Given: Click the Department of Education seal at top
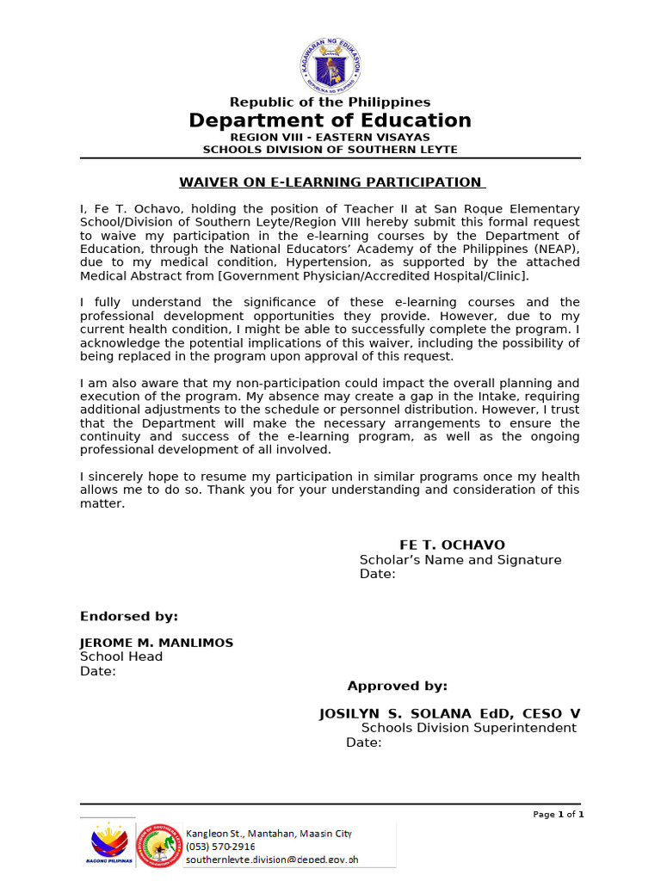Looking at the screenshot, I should (330, 65).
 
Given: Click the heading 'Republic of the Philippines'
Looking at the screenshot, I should (330, 102).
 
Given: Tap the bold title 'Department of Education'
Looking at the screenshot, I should (330, 120).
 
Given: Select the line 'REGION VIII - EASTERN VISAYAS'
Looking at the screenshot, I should (330, 138).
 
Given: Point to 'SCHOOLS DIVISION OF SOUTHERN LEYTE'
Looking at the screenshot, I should (330, 150).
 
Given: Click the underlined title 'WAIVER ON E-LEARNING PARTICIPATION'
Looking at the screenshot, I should (330, 182).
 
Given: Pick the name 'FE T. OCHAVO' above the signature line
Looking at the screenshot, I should (452, 545).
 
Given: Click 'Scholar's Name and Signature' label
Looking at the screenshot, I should (460, 560).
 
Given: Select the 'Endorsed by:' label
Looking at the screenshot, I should (129, 616).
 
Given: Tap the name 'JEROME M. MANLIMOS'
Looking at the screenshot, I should (157, 643).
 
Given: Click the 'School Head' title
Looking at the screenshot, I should (121, 656).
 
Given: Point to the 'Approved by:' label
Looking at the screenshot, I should (397, 686).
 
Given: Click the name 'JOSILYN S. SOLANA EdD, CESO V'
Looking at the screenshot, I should (449, 714).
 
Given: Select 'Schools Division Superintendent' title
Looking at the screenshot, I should (468, 728).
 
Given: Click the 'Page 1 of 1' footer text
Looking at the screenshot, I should (559, 815).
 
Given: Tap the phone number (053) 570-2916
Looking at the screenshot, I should (220, 847).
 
